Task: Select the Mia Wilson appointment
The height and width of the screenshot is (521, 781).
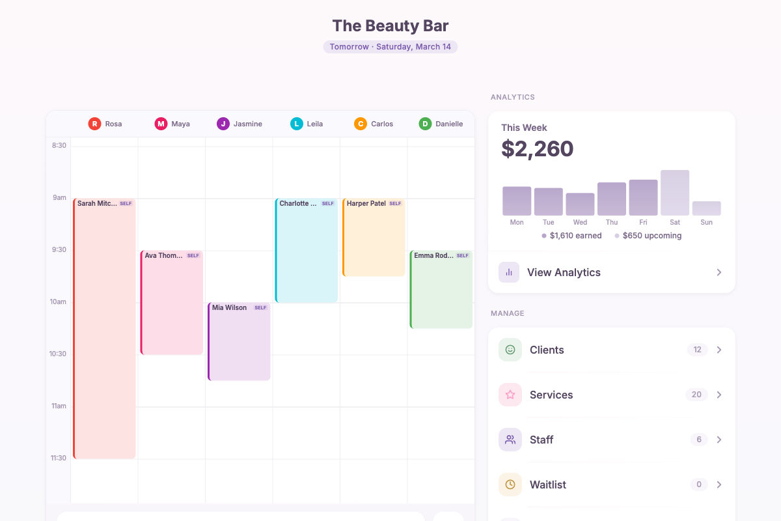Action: tap(239, 342)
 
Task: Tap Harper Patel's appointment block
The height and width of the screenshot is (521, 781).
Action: tap(374, 238)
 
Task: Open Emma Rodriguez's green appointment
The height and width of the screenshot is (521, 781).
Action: tap(441, 290)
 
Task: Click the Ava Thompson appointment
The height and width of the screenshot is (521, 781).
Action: tap(172, 303)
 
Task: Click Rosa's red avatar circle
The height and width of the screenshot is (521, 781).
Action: tap(95, 124)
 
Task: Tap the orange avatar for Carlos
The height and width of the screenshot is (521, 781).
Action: tap(361, 124)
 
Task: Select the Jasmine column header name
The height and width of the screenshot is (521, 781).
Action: tap(248, 124)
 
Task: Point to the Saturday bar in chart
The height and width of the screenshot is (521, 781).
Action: tap(675, 193)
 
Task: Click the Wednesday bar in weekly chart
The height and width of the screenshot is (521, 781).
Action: tap(580, 204)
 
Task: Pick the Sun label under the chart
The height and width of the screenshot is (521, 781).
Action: tap(706, 223)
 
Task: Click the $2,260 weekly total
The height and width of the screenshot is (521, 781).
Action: tap(538, 148)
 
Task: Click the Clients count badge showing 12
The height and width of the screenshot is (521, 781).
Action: tap(697, 350)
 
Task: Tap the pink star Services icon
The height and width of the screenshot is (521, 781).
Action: tap(510, 395)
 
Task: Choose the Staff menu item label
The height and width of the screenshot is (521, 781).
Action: tap(541, 440)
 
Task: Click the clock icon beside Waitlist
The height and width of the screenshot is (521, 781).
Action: tap(510, 485)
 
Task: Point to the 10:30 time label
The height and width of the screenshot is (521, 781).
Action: tap(59, 354)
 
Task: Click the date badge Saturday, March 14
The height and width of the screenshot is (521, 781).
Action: tap(390, 47)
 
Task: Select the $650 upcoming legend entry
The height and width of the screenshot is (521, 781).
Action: tap(651, 236)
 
